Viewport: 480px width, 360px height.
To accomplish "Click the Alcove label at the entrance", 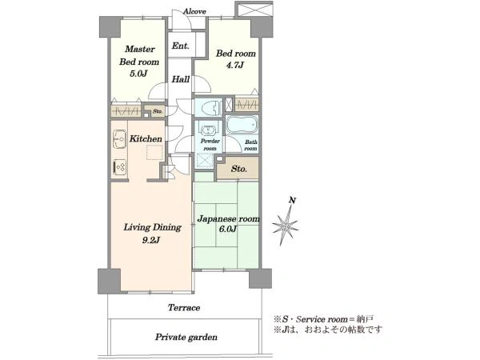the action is (194, 12).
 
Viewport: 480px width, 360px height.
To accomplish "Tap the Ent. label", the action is (180, 46).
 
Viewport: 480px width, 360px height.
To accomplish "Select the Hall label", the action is (180, 79).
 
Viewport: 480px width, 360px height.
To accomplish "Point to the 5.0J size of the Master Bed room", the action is (138, 74).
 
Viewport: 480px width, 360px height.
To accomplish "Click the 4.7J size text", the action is (234, 65).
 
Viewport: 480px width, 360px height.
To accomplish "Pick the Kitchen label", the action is (146, 138).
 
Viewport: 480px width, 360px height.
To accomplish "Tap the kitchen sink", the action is (119, 139).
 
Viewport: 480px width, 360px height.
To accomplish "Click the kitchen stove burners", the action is (119, 167).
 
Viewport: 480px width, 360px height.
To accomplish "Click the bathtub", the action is (242, 125).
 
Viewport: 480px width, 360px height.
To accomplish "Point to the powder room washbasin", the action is (209, 129).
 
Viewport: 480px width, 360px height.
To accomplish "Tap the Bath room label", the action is (250, 145).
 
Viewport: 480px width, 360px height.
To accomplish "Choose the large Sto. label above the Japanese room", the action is (238, 169).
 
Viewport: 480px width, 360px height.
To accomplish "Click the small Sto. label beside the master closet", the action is (158, 111).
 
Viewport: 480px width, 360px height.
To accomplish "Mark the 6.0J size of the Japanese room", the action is (228, 229).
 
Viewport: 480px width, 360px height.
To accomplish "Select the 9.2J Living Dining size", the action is (151, 240).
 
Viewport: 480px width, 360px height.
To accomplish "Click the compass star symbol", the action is (285, 226).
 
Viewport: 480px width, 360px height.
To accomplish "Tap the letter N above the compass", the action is (293, 201).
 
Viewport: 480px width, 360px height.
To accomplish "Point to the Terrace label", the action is (184, 308).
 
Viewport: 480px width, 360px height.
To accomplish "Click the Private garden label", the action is (186, 338).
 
